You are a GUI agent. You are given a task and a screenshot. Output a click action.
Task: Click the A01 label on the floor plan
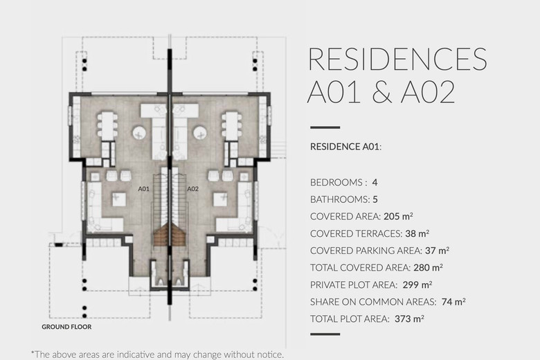(143, 189)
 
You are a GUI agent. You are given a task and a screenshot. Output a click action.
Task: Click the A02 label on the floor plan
(193, 189)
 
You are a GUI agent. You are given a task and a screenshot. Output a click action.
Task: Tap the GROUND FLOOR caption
(67, 327)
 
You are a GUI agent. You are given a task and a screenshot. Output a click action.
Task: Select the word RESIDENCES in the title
(398, 60)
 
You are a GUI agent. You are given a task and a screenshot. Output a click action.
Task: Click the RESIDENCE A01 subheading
(345, 147)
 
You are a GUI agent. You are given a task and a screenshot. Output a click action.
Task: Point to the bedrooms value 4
(375, 182)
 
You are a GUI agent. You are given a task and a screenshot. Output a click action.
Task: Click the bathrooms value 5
(375, 199)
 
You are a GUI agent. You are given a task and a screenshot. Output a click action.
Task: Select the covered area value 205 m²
(398, 216)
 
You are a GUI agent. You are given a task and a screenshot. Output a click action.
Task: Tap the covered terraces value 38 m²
(417, 233)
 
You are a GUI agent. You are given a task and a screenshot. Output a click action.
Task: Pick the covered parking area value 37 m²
(437, 251)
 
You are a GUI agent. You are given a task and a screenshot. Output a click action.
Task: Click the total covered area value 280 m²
(428, 268)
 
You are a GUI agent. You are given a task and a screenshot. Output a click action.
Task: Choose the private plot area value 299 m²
(417, 285)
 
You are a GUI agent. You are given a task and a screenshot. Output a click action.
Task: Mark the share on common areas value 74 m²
(453, 302)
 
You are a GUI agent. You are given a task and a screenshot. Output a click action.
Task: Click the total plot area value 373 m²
(409, 319)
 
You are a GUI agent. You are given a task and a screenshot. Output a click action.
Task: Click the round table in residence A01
(139, 133)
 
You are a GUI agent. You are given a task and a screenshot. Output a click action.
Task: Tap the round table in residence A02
(200, 133)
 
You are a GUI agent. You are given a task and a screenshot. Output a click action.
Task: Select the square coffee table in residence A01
(118, 199)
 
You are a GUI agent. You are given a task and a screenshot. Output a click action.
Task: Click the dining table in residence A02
(232, 125)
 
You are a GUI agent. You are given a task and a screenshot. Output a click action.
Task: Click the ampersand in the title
(382, 92)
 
